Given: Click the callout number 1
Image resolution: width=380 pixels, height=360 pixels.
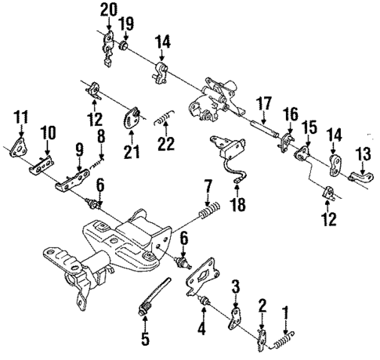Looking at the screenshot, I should tap(285, 310).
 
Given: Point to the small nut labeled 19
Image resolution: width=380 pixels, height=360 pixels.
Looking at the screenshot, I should tap(124, 52).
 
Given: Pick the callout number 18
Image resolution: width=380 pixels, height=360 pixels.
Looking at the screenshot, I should tap(235, 205).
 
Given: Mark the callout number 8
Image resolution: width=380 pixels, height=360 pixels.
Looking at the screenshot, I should tap(100, 139).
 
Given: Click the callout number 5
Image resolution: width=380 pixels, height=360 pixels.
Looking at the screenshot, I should tap(143, 340).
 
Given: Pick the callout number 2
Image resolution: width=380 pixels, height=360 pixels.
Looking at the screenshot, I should tap(263, 304).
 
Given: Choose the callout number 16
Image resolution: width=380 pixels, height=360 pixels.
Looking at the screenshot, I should tap(289, 115).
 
